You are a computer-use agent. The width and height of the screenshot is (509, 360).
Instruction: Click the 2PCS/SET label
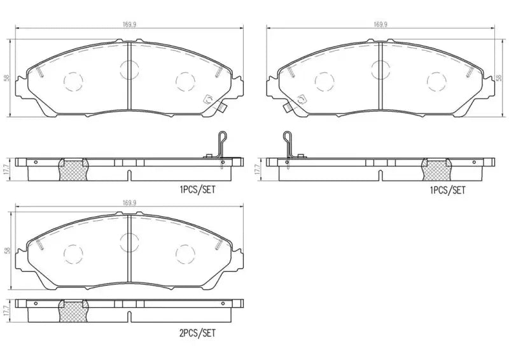pyautogui.click(x=199, y=332)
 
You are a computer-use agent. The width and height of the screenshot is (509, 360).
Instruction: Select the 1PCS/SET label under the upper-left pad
pyautogui.click(x=198, y=190)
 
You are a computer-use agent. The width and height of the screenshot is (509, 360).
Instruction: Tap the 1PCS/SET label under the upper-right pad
pyautogui.click(x=449, y=190)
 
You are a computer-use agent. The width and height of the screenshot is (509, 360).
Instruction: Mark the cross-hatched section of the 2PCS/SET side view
pyautogui.click(x=72, y=312)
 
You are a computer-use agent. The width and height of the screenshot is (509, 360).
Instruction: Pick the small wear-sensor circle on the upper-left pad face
pyautogui.click(x=208, y=99)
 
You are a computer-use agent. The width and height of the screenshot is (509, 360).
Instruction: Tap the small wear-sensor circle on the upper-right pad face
pyautogui.click(x=301, y=99)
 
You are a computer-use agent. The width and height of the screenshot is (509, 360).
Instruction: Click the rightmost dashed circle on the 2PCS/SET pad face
pyautogui.click(x=185, y=254)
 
